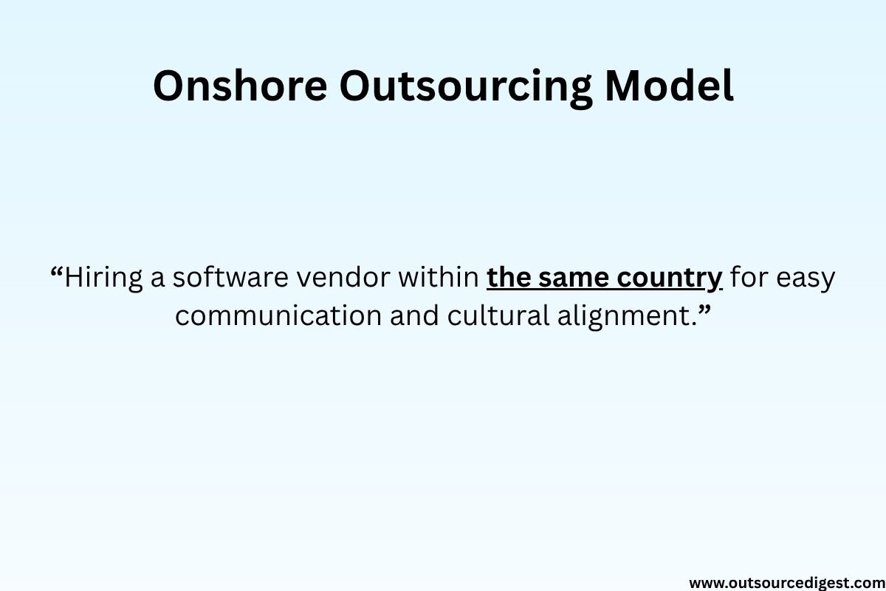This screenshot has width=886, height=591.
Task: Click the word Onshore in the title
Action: (x=239, y=86)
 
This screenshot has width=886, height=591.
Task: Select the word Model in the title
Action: (x=669, y=86)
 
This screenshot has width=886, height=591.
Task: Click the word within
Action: (x=442, y=278)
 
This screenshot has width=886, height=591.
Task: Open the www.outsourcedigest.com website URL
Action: (x=786, y=582)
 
